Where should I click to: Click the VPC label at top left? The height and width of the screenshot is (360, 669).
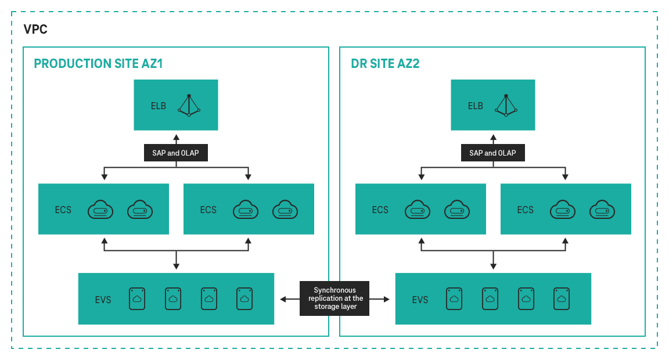(35, 30)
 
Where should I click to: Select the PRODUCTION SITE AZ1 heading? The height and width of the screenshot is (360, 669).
(98, 64)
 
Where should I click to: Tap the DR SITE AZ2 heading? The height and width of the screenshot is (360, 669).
(385, 64)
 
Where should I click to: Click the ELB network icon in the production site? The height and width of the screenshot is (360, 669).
(189, 105)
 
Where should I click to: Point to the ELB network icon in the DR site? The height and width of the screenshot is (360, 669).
(506, 105)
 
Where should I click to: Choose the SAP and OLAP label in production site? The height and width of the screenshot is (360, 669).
(176, 153)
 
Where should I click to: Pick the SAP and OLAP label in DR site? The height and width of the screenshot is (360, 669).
(493, 153)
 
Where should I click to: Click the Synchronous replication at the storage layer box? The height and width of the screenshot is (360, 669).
(334, 298)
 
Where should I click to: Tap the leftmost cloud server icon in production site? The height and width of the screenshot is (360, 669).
(100, 209)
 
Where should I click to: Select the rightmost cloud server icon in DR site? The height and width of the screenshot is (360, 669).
(602, 209)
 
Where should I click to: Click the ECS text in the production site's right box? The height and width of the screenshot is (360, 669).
(208, 210)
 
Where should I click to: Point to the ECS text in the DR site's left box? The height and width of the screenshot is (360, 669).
(380, 210)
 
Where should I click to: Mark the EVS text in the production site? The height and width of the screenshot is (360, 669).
(103, 300)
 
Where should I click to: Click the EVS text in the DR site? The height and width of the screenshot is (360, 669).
(420, 300)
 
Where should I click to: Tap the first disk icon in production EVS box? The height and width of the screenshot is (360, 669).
(137, 298)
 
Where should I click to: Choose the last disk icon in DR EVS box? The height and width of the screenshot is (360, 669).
(561, 298)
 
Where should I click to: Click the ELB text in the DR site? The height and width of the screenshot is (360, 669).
(475, 106)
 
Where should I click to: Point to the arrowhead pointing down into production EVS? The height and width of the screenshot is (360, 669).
(176, 267)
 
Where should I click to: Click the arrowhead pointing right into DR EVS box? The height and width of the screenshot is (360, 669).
(387, 299)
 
